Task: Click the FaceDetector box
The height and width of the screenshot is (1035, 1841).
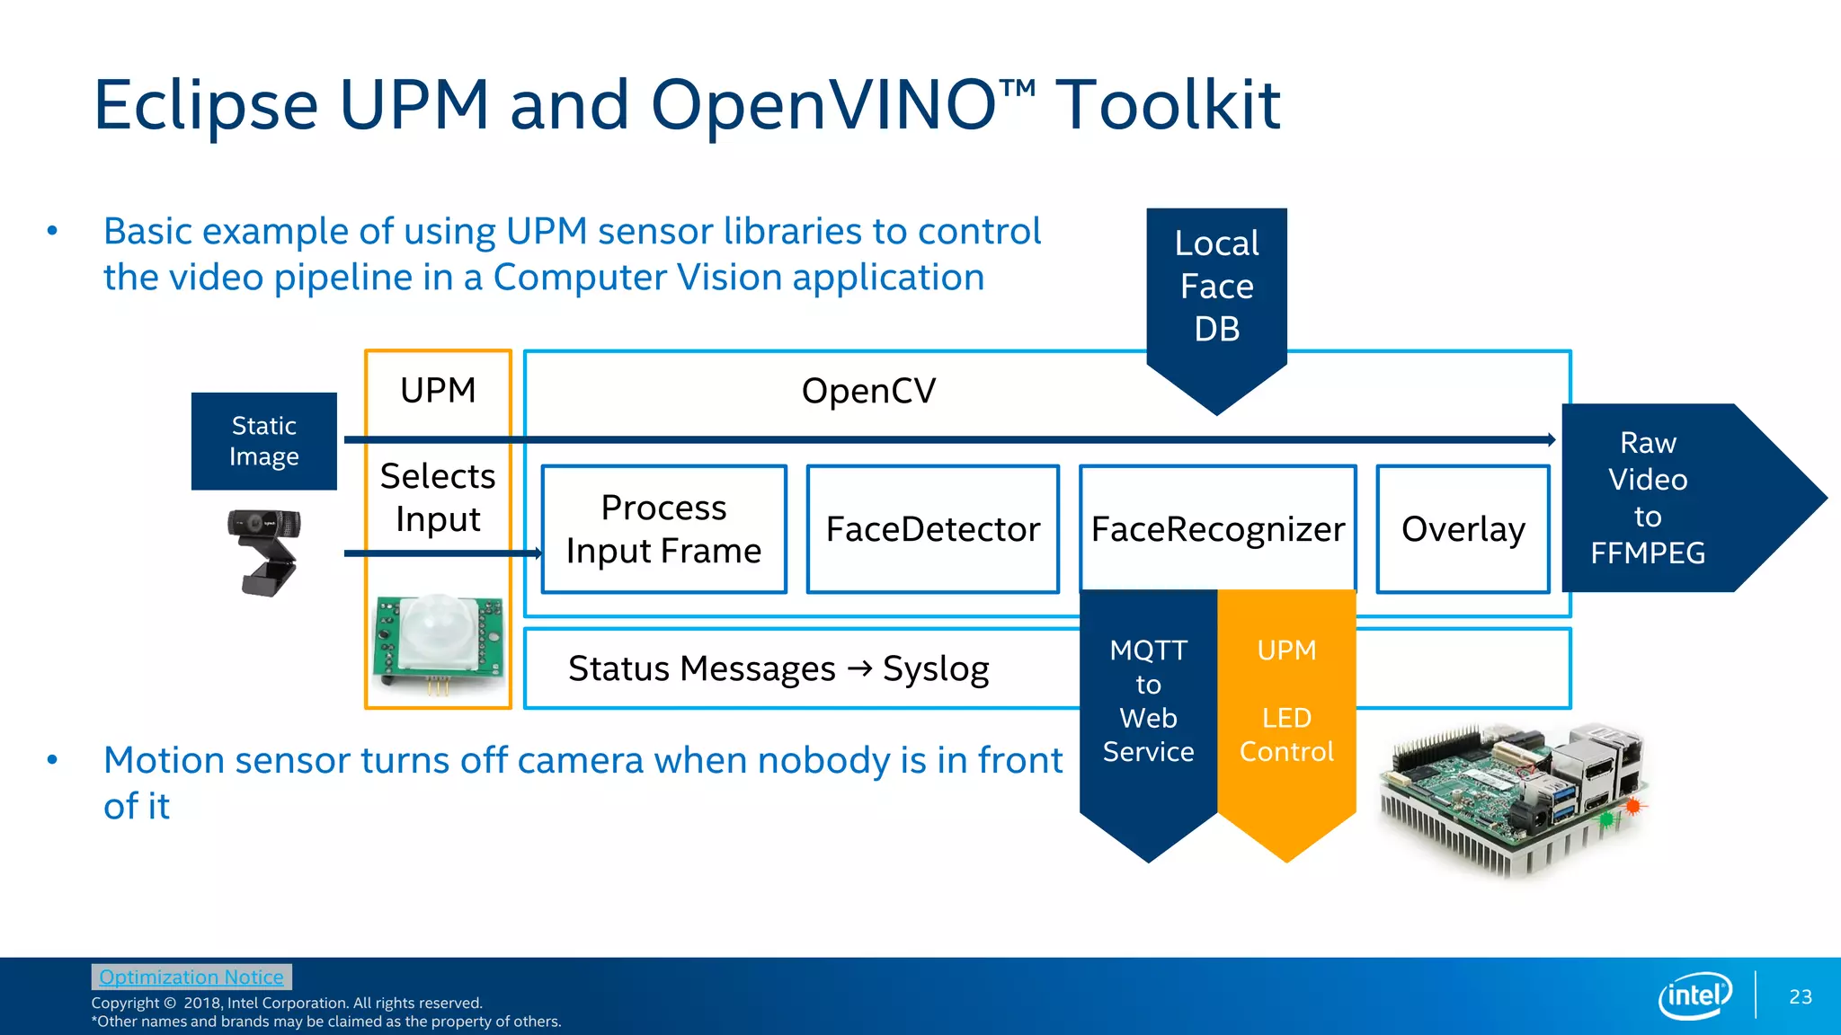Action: (x=932, y=529)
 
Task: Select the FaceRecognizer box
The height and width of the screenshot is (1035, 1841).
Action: (x=1217, y=529)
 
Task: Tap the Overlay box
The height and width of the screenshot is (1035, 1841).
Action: (x=1463, y=529)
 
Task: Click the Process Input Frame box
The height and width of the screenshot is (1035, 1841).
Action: (x=663, y=529)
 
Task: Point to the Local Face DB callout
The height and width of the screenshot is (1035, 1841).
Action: (x=1216, y=287)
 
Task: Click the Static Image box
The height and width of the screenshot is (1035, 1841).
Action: (x=263, y=441)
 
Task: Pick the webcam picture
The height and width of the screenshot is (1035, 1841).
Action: (x=264, y=549)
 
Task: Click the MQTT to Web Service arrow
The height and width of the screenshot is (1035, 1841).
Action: (x=1148, y=710)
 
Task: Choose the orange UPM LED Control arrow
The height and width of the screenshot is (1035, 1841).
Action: (x=1286, y=710)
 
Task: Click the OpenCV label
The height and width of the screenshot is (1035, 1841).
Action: (x=868, y=391)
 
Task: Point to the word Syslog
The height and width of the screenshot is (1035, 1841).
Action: (x=936, y=669)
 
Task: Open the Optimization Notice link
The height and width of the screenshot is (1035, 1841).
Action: (x=191, y=977)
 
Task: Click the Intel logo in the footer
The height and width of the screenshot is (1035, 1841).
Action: (x=1694, y=995)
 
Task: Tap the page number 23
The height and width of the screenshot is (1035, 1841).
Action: (x=1800, y=997)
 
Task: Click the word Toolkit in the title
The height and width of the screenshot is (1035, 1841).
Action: (x=1167, y=105)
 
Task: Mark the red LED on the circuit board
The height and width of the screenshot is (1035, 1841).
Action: (x=1632, y=806)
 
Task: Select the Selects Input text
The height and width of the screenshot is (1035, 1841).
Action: (x=438, y=497)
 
